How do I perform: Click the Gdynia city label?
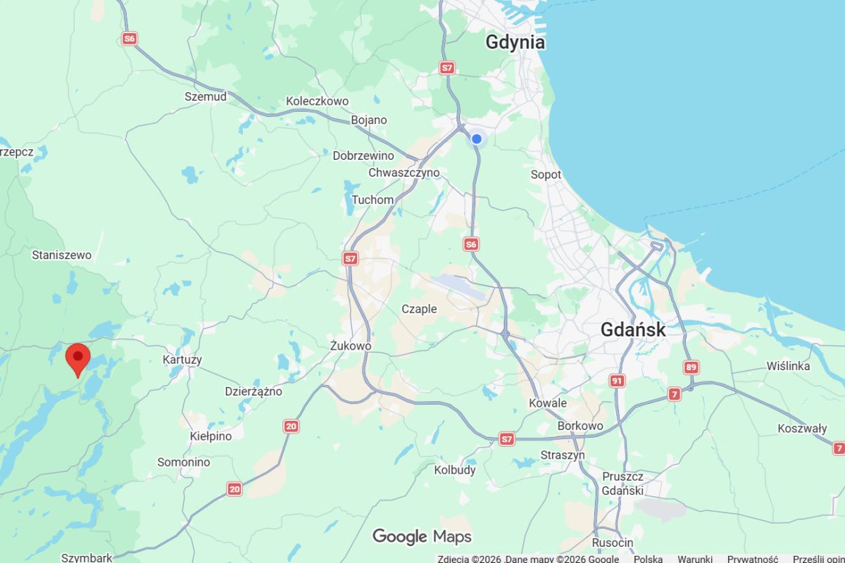pos(515,42)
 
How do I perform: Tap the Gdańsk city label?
pos(632,329)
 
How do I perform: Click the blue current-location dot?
pos(477,139)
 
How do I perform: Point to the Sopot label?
pos(546,175)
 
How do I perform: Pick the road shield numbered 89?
pos(691,367)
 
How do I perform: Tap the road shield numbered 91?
pos(618,381)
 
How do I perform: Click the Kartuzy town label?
pos(182,360)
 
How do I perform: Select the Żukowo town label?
pos(351,346)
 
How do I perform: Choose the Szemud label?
pos(206,96)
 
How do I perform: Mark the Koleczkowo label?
pos(317,101)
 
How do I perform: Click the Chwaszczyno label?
pos(403,172)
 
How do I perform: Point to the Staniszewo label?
pos(62,255)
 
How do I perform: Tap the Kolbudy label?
pos(455,469)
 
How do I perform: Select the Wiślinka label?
pos(788,366)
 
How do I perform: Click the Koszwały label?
pos(802,428)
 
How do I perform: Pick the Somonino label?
pos(184,462)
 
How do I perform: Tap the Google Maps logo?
pos(422,537)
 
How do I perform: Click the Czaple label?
pos(419,309)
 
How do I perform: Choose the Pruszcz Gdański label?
pos(622,483)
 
